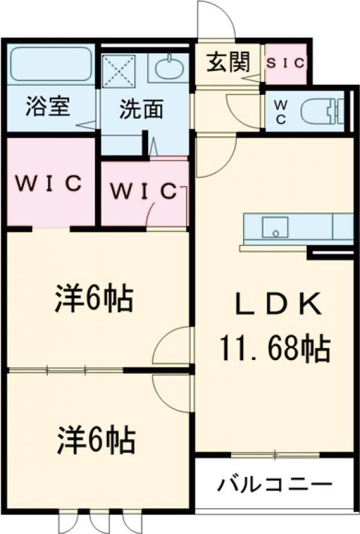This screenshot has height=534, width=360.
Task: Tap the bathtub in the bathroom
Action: pyautogui.click(x=50, y=65)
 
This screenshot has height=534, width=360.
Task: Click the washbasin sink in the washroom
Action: pyautogui.click(x=167, y=68)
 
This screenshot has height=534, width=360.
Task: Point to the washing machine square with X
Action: pyautogui.click(x=119, y=70)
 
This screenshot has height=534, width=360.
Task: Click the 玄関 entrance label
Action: pyautogui.click(x=228, y=62)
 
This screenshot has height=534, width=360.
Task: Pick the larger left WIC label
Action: pyautogui.click(x=49, y=183)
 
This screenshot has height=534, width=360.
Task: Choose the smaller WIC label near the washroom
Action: pyautogui.click(x=143, y=191)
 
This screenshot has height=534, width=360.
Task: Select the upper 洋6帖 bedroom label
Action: pyautogui.click(x=94, y=298)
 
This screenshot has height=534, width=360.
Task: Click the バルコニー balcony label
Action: pyautogui.click(x=274, y=484)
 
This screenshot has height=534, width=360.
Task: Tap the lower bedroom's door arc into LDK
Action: pyautogui.click(x=173, y=393)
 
